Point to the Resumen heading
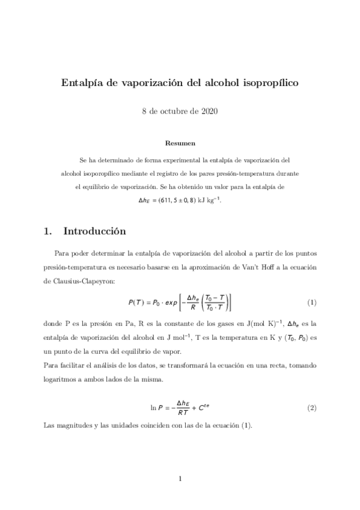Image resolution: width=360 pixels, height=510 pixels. click(x=180, y=143)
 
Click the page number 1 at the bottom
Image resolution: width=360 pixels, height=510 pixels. click(x=180, y=478)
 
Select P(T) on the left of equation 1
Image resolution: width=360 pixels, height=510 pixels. click(x=138, y=302)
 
